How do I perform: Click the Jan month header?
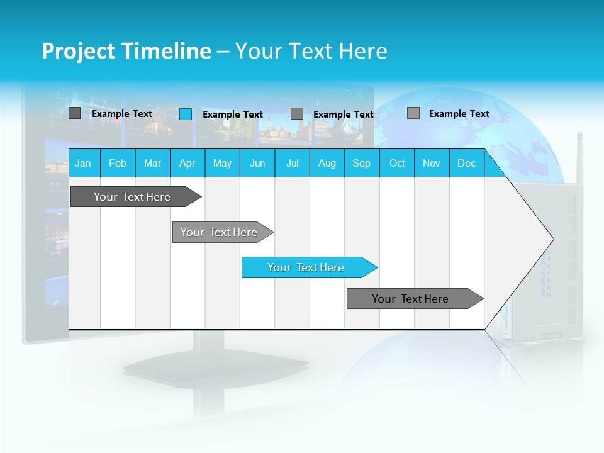point(84,163)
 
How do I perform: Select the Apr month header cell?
point(187,163)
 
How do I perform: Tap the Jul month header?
point(292,163)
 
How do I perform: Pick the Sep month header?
point(362,163)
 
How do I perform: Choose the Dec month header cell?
point(466,163)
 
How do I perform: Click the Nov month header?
point(432,163)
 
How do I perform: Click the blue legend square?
point(186,114)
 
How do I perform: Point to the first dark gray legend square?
point(74,113)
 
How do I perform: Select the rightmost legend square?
point(413,113)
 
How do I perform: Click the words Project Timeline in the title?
point(126,51)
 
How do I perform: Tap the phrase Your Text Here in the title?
point(311,51)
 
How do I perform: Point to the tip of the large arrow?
point(552,238)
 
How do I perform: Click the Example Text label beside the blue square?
point(232,115)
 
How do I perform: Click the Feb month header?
point(118,163)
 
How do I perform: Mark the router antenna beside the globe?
point(579,157)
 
